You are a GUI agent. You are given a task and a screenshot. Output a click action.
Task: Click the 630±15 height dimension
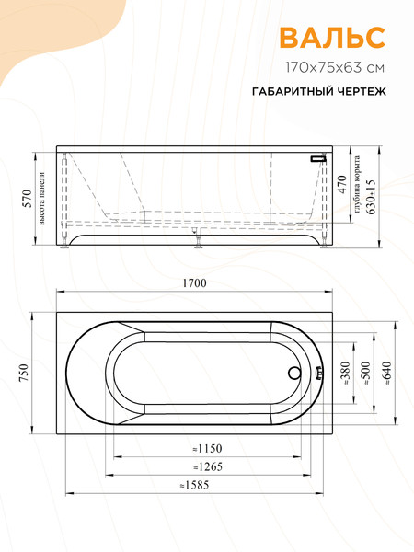371,195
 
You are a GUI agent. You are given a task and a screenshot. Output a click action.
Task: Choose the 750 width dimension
25,373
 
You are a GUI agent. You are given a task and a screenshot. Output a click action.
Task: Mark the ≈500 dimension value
365,373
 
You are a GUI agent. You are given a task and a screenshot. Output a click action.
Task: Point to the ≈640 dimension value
386,373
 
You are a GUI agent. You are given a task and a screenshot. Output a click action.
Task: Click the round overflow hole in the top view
293,374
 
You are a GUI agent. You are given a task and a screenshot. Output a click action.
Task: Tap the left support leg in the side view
64,243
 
